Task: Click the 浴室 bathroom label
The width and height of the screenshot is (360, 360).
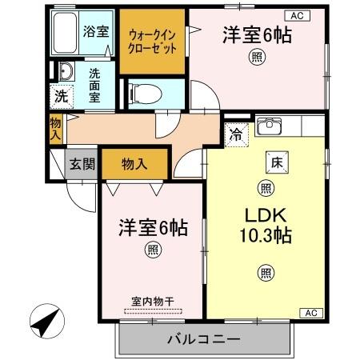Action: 94,32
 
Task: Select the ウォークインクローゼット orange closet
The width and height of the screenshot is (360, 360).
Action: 152,40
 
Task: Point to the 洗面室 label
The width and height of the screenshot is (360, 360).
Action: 94,82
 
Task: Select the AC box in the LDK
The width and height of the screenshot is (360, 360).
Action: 311,312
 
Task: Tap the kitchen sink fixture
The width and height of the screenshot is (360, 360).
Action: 270,126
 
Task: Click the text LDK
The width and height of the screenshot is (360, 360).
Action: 264,217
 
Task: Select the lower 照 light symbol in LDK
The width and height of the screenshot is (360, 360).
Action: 264,273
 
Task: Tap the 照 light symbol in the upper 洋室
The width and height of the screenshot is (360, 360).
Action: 256,56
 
